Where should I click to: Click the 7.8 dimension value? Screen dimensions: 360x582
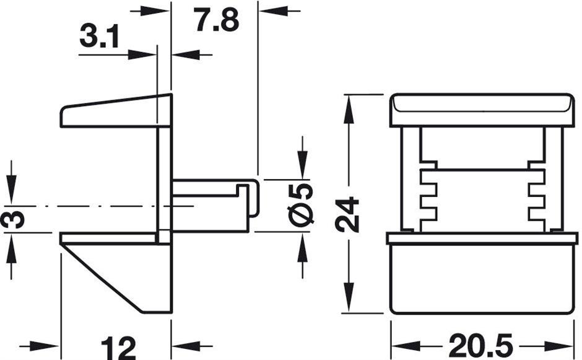(215, 21)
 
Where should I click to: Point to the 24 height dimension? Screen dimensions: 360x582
(349, 214)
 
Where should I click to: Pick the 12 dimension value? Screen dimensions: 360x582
(118, 348)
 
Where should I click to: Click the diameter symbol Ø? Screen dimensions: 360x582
(302, 214)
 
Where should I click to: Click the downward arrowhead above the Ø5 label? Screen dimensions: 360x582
(302, 166)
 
